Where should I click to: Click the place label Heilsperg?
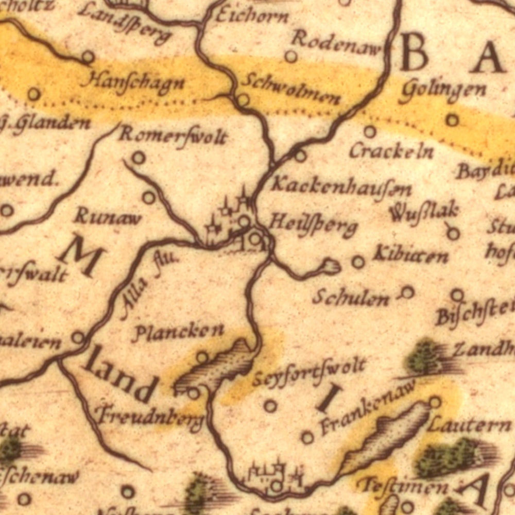pos(313,226)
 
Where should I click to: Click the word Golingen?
pos(443,91)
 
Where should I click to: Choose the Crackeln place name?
pos(391,150)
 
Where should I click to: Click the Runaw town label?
pos(108,217)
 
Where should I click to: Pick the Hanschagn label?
pos(132,82)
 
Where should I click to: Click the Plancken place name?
pos(178,332)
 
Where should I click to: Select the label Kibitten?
pos(410,254)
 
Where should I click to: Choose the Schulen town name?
pos(351,297)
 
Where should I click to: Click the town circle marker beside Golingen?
pos(452,120)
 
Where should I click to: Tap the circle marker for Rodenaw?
pos(291,56)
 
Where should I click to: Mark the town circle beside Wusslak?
pos(453,233)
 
